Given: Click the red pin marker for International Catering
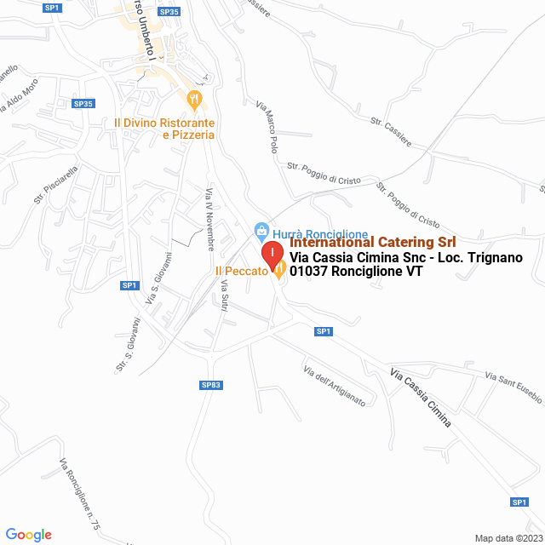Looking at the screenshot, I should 271,254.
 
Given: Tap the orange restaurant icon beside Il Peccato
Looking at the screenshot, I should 278,271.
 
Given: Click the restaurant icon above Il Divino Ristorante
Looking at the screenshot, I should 195,100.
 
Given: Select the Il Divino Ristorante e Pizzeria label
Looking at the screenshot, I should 164,129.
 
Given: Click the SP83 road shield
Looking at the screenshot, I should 211,386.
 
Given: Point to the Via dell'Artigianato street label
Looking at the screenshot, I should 334,386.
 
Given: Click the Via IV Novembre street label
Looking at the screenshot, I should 209,220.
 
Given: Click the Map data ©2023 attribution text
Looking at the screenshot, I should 508,538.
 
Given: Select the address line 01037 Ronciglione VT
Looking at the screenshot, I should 356,272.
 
